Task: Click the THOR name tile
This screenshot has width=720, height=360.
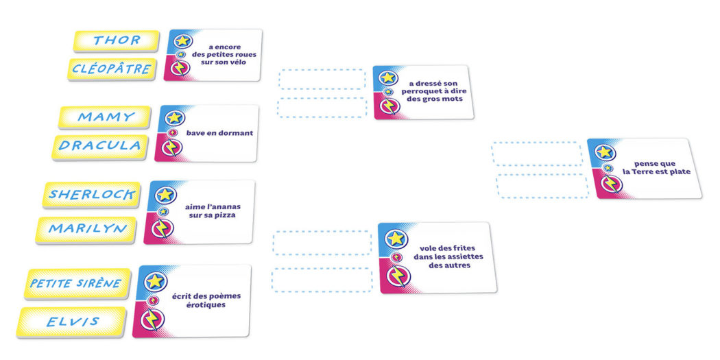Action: (x=117, y=40)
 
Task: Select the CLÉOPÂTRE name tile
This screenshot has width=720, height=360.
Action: (x=112, y=69)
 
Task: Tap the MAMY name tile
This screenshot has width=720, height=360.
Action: (x=105, y=117)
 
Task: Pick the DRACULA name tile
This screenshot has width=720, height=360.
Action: (x=100, y=146)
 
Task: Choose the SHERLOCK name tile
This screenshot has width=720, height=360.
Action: (x=92, y=195)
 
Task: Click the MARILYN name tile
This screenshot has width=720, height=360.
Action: (x=87, y=228)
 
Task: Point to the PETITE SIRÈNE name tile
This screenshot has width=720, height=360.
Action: (x=76, y=283)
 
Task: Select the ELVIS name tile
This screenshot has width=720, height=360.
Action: (x=73, y=322)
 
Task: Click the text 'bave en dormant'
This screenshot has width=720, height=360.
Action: (x=219, y=133)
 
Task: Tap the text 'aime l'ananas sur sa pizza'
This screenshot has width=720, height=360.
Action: (x=213, y=211)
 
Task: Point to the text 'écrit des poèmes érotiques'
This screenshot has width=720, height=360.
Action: (x=200, y=300)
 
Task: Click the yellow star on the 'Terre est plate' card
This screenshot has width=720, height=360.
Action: (x=605, y=153)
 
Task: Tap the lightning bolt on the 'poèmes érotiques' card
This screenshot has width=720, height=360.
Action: (x=152, y=320)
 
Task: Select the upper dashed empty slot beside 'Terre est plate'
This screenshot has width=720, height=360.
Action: (x=537, y=154)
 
